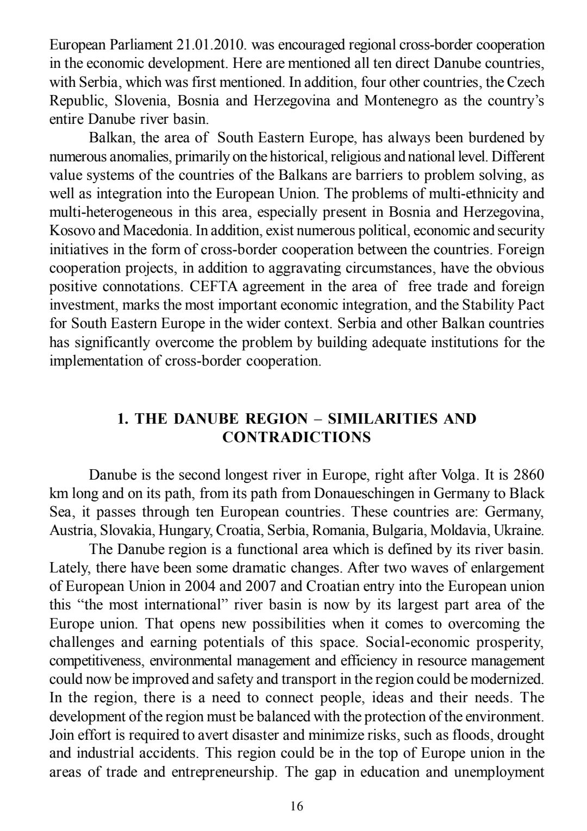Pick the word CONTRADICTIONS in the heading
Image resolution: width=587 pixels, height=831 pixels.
tap(297, 437)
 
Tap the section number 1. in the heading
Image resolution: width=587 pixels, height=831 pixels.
tap(123, 419)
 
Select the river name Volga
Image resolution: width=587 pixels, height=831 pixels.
tap(461, 475)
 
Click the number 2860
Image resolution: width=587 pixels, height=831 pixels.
tap(529, 475)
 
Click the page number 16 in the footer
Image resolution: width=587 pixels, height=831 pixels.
tap(297, 806)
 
